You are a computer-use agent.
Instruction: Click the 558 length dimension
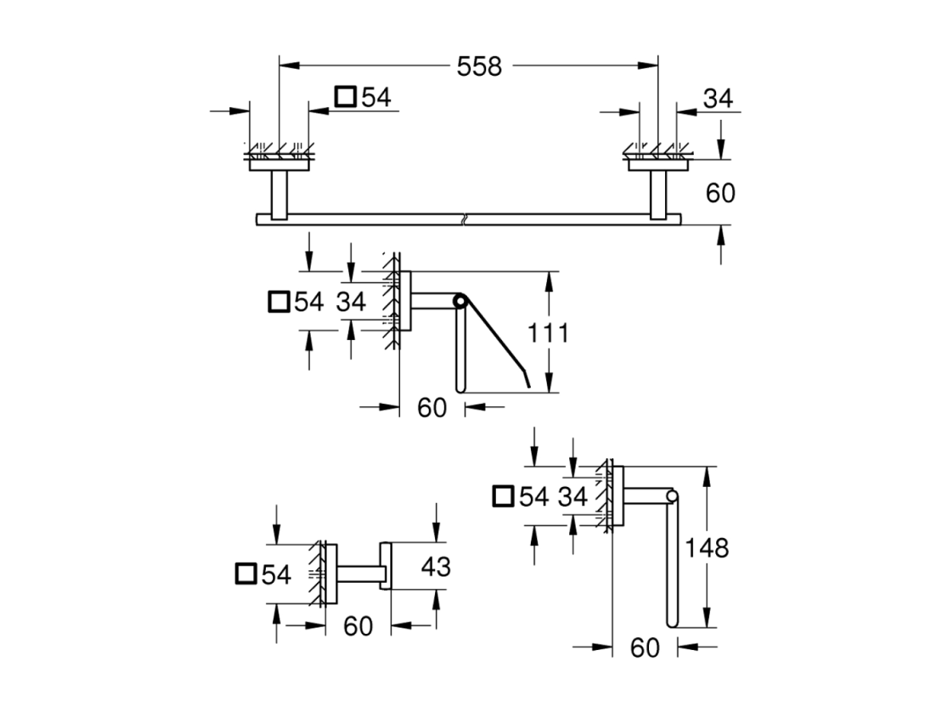479,66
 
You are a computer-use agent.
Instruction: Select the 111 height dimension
548,333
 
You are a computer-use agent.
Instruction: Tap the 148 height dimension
707,548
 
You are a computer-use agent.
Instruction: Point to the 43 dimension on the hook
436,567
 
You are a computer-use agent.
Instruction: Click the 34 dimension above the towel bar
718,97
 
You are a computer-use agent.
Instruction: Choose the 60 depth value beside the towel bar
720,192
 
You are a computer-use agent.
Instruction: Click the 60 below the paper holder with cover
432,408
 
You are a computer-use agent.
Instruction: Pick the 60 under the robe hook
358,626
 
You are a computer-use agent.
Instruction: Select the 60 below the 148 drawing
645,648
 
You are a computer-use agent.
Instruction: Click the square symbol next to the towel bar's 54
346,97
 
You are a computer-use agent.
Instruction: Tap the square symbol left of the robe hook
245,573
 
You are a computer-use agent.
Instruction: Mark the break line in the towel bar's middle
464,219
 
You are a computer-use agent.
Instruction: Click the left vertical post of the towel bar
279,195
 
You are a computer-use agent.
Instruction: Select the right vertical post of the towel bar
658,195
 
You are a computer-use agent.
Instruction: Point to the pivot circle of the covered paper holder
459,300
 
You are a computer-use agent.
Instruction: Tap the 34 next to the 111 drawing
351,301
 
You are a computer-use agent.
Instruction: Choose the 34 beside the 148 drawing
573,497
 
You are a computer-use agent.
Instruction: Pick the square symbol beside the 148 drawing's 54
504,496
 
